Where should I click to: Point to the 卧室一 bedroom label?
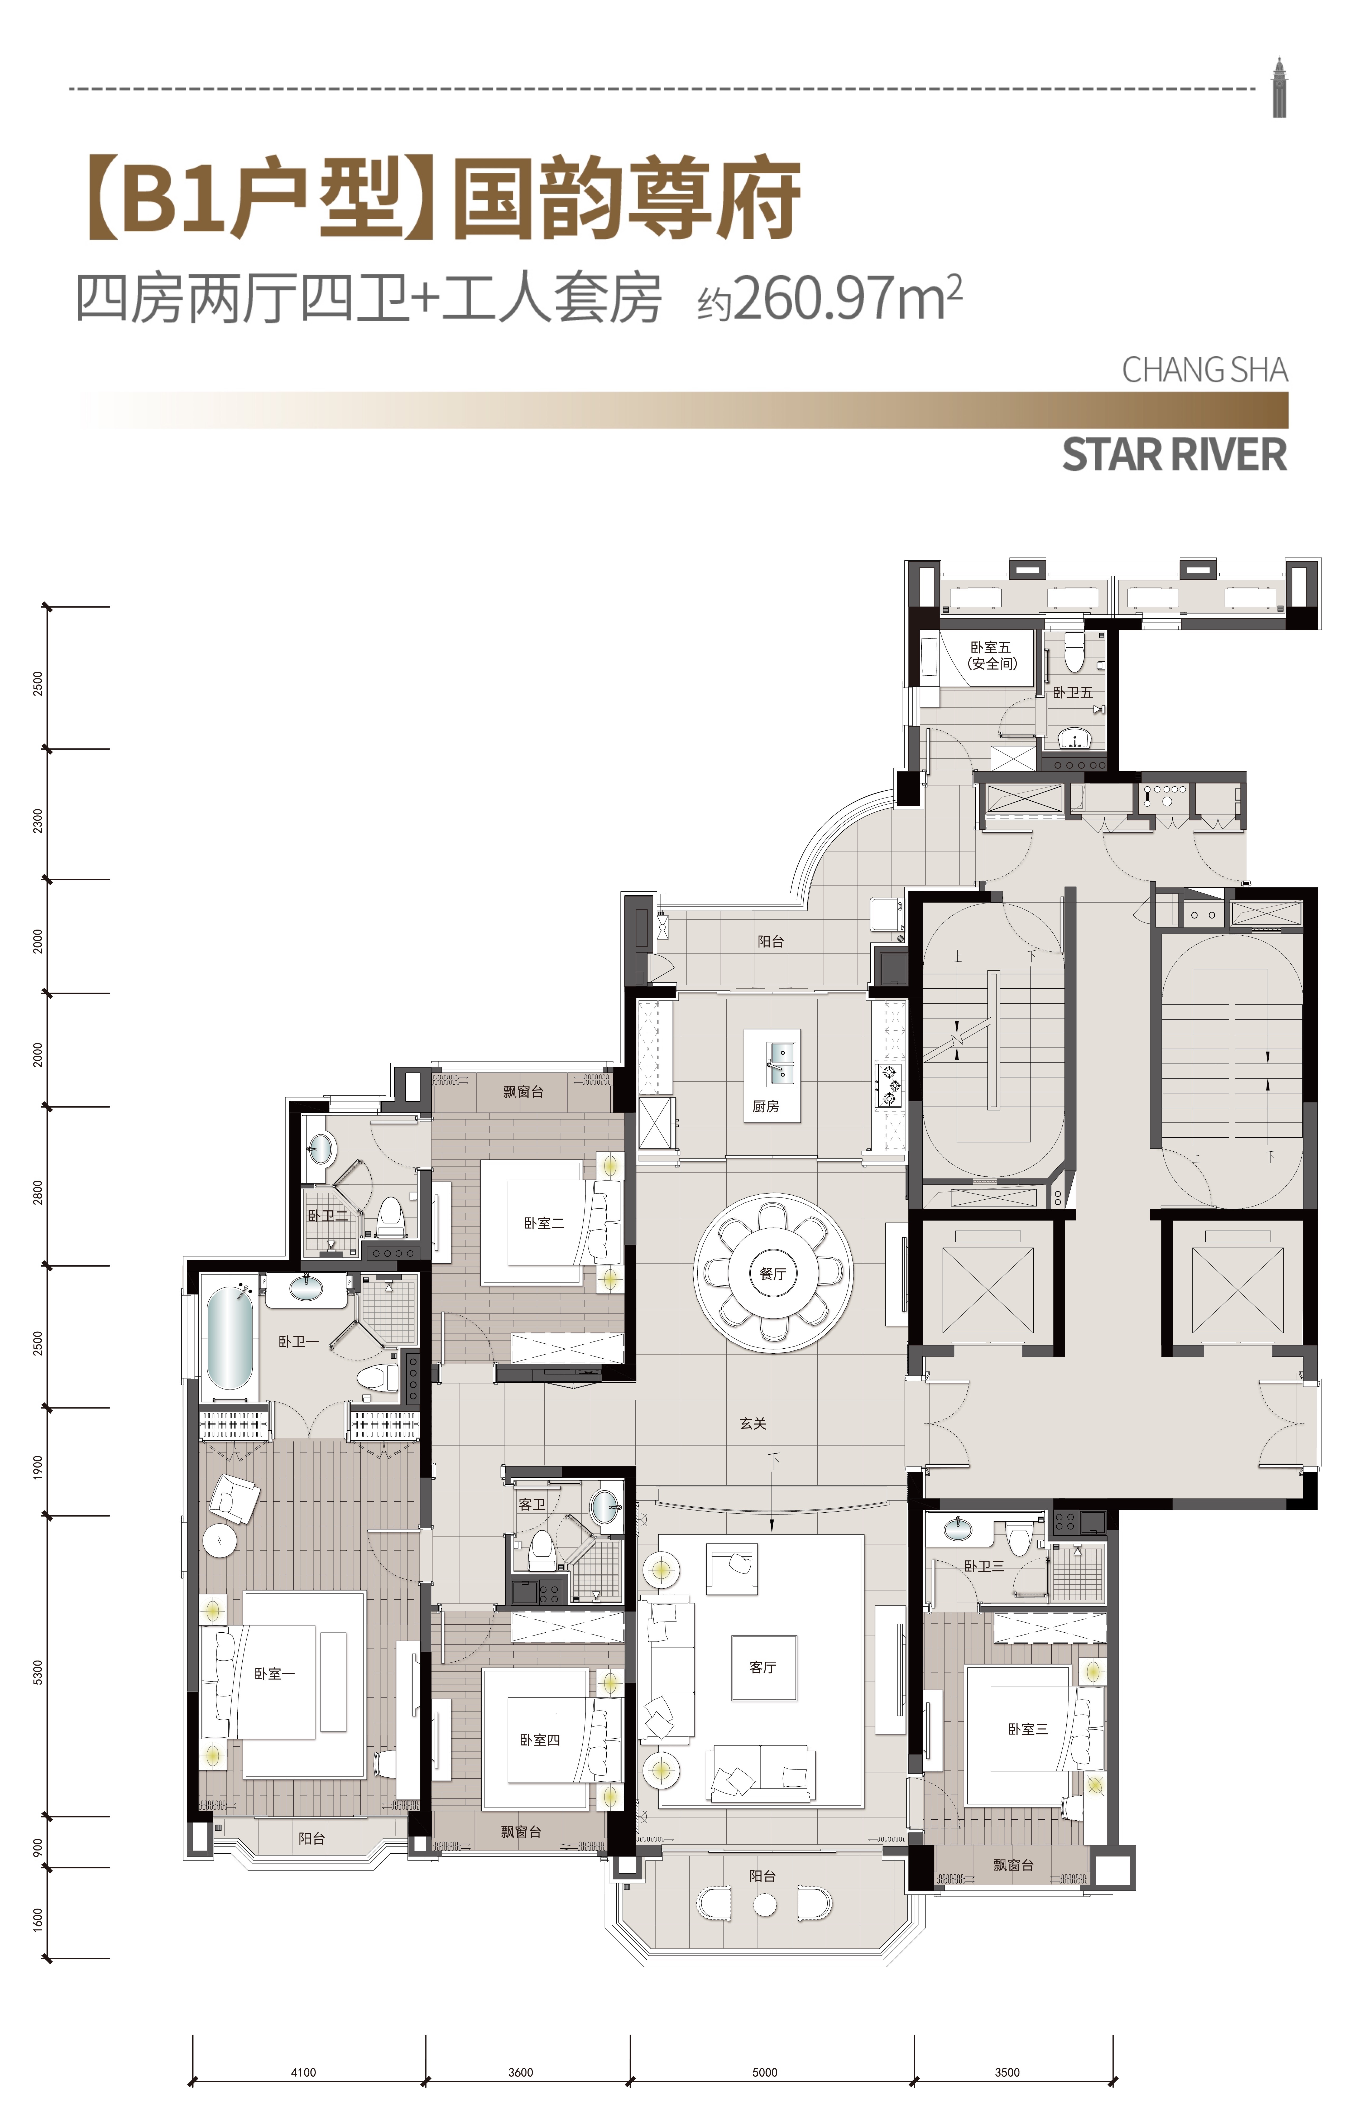click(274, 1673)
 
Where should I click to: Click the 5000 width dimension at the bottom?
click(765, 2072)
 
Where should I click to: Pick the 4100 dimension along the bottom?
click(303, 2072)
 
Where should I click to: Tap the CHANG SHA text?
click(1205, 370)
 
